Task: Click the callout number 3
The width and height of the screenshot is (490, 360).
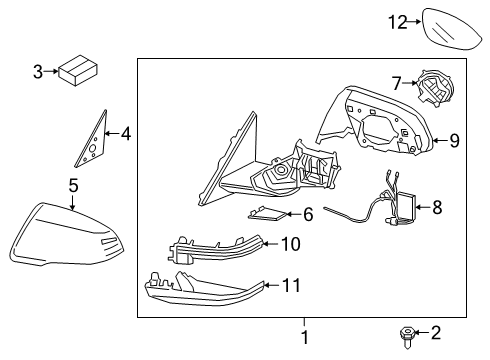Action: [37, 72]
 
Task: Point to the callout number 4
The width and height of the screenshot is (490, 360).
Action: [125, 132]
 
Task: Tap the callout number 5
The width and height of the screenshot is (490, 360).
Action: [72, 184]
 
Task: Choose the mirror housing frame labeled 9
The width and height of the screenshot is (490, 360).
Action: [370, 125]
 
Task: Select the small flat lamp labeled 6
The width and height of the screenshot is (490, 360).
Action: [267, 212]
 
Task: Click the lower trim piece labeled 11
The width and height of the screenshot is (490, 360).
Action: [210, 289]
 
